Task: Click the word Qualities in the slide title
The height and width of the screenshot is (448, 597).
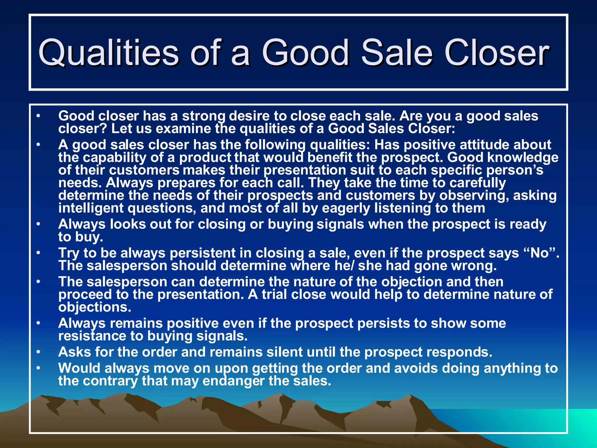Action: (x=108, y=53)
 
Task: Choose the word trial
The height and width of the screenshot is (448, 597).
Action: (x=274, y=294)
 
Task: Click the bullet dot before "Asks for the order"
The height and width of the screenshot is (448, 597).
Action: (x=38, y=352)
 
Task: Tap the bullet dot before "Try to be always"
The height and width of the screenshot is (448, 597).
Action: (x=38, y=253)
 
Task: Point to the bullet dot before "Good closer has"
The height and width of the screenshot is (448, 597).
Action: (x=38, y=116)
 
